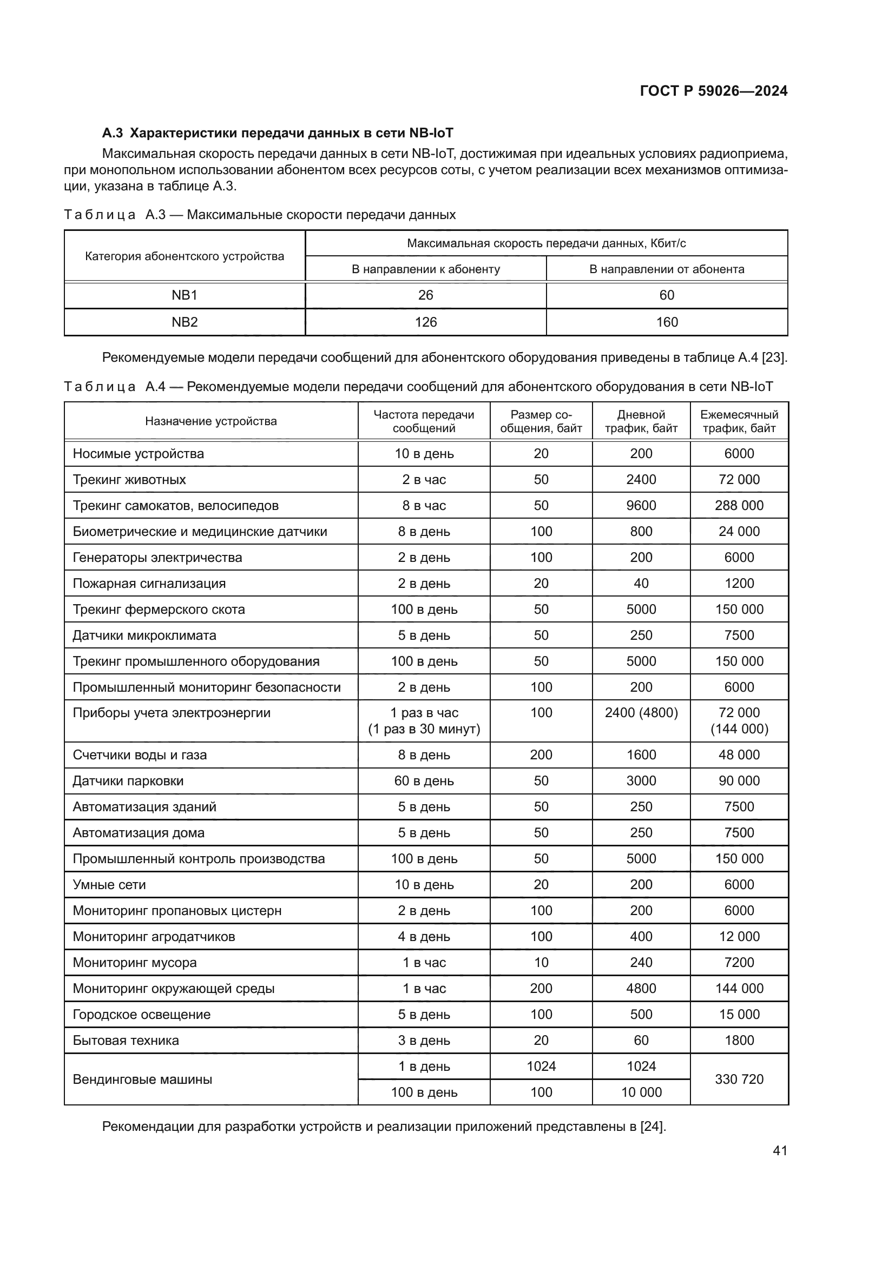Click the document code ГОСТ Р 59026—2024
(713, 91)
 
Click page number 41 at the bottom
(780, 1150)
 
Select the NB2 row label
(185, 322)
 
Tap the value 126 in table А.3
(425, 322)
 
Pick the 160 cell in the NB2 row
(666, 322)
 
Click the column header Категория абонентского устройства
(185, 256)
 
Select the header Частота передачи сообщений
(424, 421)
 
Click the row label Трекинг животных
(129, 479)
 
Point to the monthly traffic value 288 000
(739, 505)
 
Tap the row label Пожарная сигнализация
(149, 584)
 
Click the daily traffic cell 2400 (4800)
(641, 713)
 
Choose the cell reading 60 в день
(424, 781)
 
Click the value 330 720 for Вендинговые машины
(739, 1079)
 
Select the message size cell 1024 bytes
(541, 1066)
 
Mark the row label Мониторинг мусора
(135, 963)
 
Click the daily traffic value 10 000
(641, 1092)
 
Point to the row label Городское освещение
(142, 1014)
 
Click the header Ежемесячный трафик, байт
(739, 421)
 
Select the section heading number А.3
(113, 133)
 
